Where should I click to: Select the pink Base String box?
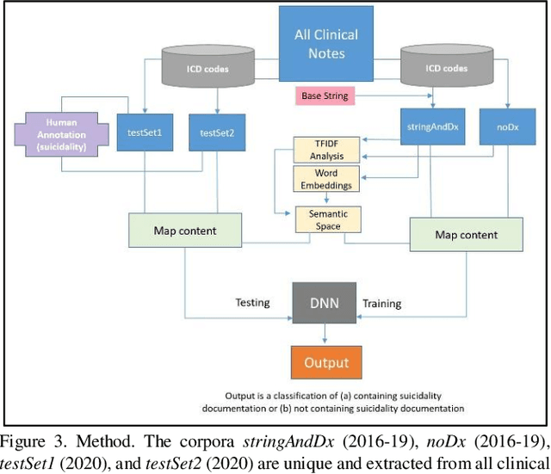325,95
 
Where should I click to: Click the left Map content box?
183,231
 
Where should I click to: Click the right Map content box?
465,235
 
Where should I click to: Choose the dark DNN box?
325,303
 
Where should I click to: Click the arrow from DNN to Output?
325,334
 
